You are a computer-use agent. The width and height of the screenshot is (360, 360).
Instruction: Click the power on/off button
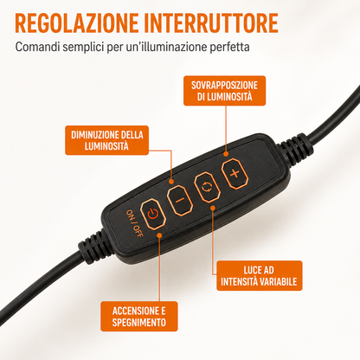click(x=153, y=214)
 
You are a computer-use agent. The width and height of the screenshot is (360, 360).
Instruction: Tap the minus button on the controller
click(x=180, y=200)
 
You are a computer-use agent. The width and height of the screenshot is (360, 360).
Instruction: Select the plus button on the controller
click(x=235, y=174)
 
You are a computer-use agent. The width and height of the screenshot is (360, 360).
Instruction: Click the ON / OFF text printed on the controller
click(x=134, y=223)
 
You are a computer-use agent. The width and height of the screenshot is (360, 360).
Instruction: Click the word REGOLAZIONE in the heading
click(x=77, y=22)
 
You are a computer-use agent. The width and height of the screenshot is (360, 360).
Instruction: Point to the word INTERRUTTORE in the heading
click(x=211, y=22)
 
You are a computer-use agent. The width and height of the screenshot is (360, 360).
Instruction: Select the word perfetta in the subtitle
click(x=229, y=47)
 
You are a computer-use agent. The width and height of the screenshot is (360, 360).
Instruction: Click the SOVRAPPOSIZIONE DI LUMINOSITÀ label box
click(x=224, y=91)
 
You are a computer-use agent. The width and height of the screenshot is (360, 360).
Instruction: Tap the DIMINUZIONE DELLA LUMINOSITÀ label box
click(x=106, y=140)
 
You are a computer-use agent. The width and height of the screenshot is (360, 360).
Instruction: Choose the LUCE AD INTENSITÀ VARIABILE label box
click(x=259, y=275)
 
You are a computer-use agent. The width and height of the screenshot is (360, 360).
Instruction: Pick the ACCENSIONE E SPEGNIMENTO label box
click(x=139, y=317)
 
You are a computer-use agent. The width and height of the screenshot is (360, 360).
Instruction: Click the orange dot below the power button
click(x=159, y=235)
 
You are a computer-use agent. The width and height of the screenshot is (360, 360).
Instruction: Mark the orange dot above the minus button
click(x=171, y=182)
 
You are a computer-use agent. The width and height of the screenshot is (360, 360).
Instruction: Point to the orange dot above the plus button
click(x=226, y=154)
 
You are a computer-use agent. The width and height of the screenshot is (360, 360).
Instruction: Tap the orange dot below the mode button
click(x=213, y=208)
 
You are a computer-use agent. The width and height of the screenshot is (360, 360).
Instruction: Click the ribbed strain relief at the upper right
click(x=296, y=146)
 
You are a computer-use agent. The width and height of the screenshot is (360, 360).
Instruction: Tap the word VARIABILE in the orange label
click(x=279, y=281)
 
